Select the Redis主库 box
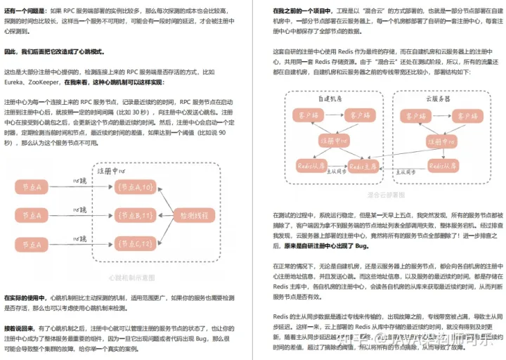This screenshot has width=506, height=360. click(366, 166)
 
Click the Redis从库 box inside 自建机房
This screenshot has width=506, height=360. click(311, 166)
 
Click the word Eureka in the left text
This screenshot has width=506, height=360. click(16, 82)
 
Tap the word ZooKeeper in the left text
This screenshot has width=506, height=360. click(49, 82)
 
